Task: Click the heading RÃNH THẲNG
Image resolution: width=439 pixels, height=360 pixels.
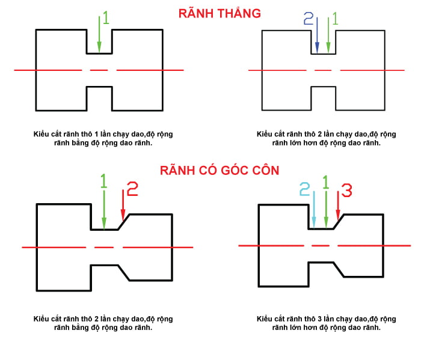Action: [219, 13]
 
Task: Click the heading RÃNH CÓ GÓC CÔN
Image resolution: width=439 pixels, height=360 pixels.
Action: [219, 170]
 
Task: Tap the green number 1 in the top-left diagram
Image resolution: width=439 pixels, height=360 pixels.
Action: [106, 18]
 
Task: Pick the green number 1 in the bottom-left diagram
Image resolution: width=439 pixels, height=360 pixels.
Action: [103, 182]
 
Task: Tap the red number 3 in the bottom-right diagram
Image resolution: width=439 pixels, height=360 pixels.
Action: [347, 190]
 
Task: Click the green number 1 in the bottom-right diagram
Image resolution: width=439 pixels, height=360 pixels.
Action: [327, 182]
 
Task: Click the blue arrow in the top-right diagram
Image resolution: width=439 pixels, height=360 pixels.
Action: [316, 36]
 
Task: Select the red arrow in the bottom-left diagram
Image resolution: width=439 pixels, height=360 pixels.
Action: [123, 204]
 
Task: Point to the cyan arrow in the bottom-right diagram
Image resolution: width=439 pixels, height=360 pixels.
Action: [313, 207]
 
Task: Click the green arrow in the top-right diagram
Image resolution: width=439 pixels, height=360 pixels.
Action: [328, 36]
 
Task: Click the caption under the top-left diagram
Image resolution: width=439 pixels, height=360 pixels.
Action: [103, 138]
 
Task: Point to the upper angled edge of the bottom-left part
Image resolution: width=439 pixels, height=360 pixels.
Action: [124, 222]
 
